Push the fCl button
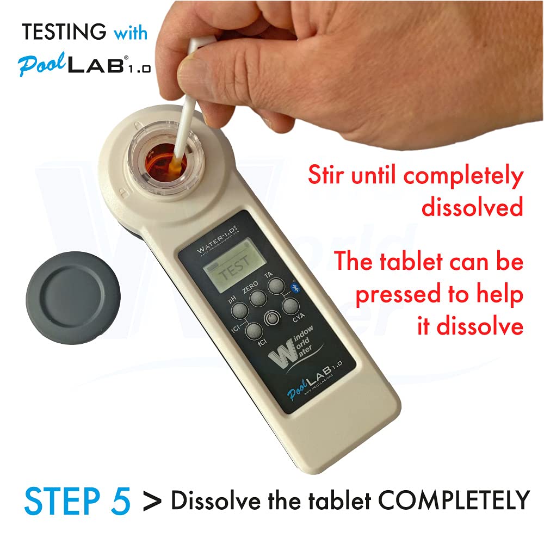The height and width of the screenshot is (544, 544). (254, 330)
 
